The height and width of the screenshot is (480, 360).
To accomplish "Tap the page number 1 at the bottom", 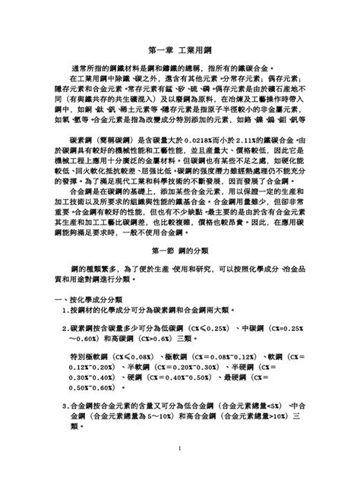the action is [179, 448].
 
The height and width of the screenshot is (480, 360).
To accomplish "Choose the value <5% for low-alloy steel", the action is [280, 407].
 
